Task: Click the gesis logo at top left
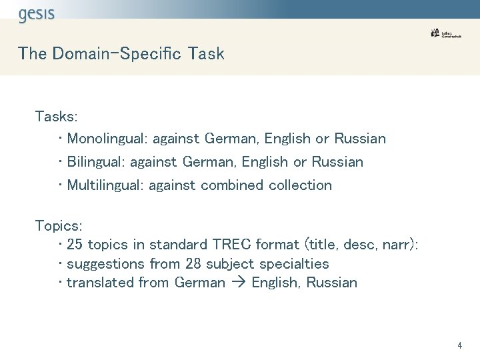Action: tap(37, 14)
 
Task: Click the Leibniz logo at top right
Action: tap(445, 33)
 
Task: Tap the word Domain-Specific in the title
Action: tap(117, 54)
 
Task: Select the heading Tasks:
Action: tap(57, 117)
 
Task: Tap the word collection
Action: tap(300, 185)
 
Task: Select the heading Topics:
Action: tap(59, 226)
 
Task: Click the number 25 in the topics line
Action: tap(75, 245)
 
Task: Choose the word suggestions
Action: tap(107, 265)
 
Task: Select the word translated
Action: tap(100, 283)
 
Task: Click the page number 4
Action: tap(459, 345)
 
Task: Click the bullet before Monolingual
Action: tap(61, 139)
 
